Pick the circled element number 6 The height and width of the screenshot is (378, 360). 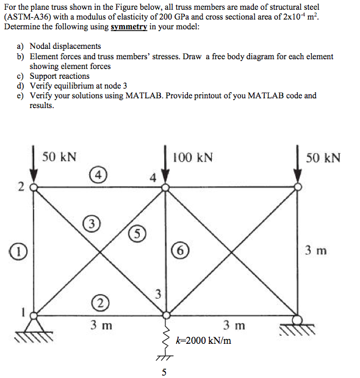[181, 249]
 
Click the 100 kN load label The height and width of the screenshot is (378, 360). [193, 158]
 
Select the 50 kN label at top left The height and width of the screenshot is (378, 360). [59, 157]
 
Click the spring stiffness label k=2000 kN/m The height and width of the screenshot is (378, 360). [203, 340]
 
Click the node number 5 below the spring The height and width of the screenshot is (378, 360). [164, 371]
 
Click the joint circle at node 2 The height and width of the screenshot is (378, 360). [34, 187]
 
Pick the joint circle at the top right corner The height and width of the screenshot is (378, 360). [297, 187]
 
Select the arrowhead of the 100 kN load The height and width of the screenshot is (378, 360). [165, 180]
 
